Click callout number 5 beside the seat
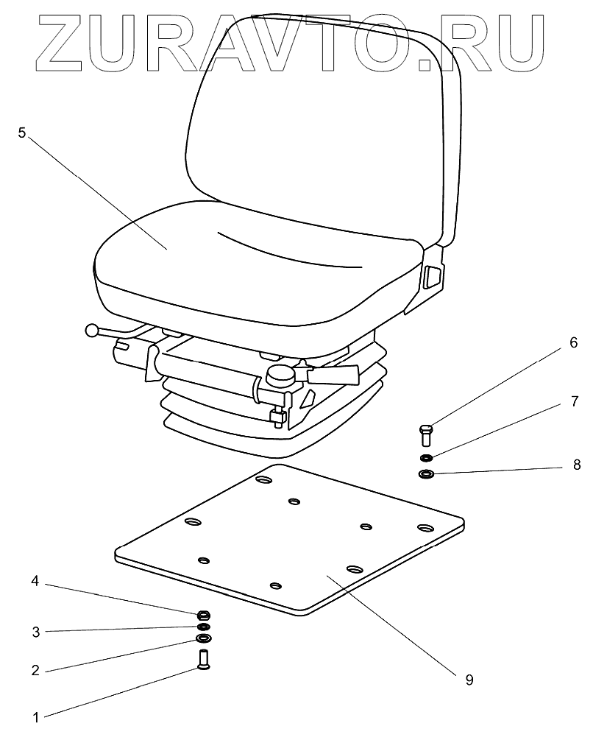point(22,133)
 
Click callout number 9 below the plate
point(469,680)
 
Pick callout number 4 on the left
point(34,582)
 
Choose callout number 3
point(34,630)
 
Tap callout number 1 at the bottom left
point(34,715)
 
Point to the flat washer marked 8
point(425,473)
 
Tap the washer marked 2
point(203,638)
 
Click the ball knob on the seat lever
point(92,331)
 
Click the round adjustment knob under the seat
point(281,376)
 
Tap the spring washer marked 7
point(426,458)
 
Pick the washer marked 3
point(203,627)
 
